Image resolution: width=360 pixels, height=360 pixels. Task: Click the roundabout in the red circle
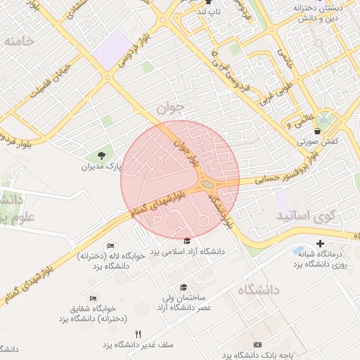point(209,185)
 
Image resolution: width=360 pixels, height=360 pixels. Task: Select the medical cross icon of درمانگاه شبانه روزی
point(320,243)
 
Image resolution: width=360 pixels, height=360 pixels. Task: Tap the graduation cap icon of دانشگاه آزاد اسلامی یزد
point(187,241)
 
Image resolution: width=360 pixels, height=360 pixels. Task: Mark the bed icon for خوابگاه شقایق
point(94,298)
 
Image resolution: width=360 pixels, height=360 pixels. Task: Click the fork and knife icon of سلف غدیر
point(139,334)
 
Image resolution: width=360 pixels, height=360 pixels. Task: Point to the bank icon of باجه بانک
point(257,345)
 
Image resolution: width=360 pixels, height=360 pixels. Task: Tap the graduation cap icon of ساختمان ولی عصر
point(184,287)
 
